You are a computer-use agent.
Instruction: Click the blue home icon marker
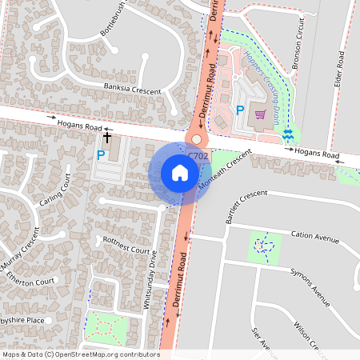pyautogui.click(x=180, y=173)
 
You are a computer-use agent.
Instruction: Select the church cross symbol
pyautogui.click(x=106, y=138)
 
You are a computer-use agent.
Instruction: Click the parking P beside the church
pyautogui.click(x=101, y=155)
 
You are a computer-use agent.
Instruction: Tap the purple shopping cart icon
pyautogui.click(x=260, y=114)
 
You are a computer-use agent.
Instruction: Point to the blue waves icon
pyautogui.click(x=289, y=136)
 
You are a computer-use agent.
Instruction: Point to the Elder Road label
pyautogui.click(x=341, y=70)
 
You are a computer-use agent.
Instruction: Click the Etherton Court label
pyautogui.click(x=31, y=282)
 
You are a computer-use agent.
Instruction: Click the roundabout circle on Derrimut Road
pyautogui.click(x=196, y=139)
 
